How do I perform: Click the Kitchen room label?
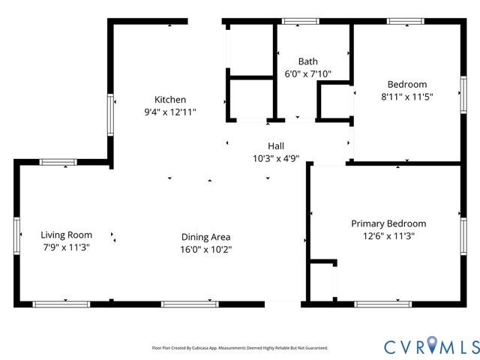tap(170, 100)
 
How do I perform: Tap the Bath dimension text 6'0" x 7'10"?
tap(307, 73)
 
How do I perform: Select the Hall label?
tap(276, 146)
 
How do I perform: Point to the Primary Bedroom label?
tap(388, 223)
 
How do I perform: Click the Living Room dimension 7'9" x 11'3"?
tap(66, 247)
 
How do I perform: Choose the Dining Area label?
tap(205, 237)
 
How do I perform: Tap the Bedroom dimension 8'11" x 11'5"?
tap(406, 97)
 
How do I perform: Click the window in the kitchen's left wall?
tap(110, 115)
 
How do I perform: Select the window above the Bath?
tap(300, 21)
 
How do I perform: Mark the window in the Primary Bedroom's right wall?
tap(463, 236)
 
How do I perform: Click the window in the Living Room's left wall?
tap(16, 235)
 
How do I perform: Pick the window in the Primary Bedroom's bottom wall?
tap(383, 304)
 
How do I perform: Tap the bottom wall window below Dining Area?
tap(190, 304)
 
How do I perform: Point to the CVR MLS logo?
tap(432, 346)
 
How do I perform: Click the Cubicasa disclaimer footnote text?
tap(240, 348)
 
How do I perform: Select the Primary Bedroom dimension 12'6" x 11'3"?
tap(388, 236)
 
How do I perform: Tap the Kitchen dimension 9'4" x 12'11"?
tap(170, 112)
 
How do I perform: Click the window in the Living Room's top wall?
tap(58, 162)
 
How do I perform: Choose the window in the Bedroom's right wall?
tap(463, 95)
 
